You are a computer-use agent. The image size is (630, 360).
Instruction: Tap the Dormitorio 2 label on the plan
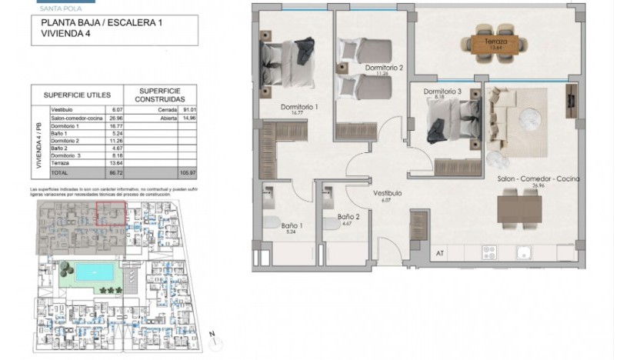point(384,68)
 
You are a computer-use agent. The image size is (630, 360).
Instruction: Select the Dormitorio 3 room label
point(442,92)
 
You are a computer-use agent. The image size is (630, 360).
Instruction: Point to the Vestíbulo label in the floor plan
point(388,195)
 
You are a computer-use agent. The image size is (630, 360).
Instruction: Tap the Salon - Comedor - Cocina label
point(538,178)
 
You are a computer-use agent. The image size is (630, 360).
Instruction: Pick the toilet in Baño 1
point(271,223)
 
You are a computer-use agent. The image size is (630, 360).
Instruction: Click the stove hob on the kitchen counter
point(491,252)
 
